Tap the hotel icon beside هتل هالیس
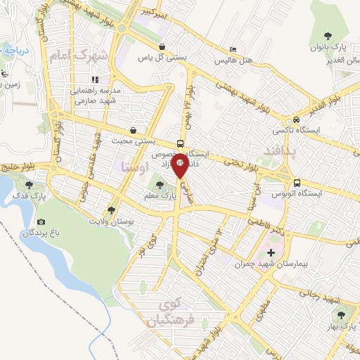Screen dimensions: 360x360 coord(233,49)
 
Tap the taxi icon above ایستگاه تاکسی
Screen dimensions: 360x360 coord(297,119)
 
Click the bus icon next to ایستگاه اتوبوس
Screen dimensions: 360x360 coord(297,180)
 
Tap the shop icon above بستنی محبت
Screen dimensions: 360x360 coord(134,130)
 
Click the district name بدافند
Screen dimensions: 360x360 coord(276,151)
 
